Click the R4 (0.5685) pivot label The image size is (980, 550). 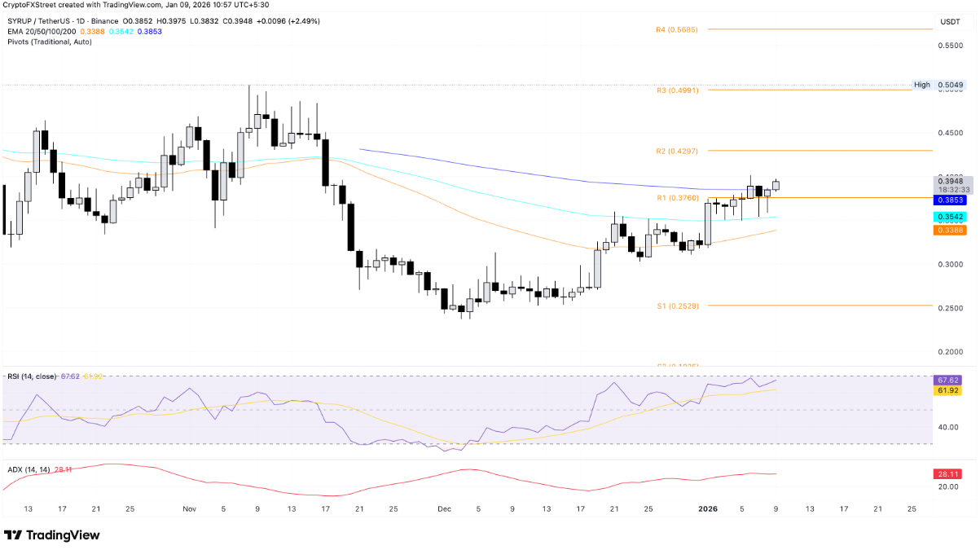(676, 29)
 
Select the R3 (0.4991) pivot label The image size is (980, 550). (676, 90)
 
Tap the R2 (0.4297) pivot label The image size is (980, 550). (676, 152)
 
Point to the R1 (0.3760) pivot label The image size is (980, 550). (676, 198)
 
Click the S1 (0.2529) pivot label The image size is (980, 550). (676, 306)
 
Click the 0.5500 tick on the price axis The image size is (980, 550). (951, 46)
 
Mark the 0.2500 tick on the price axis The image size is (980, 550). (951, 308)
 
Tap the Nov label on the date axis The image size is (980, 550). (190, 508)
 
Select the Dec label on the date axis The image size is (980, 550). (444, 508)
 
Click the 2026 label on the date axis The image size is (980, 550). (708, 508)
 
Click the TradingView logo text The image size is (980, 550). (63, 535)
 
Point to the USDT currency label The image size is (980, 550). (950, 21)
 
